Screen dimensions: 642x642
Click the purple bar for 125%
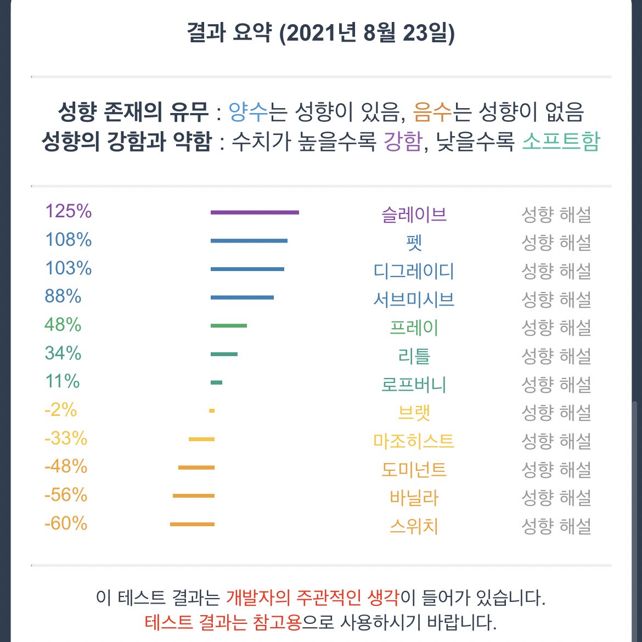[255, 212]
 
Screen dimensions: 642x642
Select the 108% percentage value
[68, 240]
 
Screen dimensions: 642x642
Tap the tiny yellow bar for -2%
[212, 411]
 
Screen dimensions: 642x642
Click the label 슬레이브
[414, 215]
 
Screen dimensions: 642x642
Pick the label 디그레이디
[414, 271]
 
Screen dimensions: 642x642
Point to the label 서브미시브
[414, 300]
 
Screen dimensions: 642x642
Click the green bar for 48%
[229, 326]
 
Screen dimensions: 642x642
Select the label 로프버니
[414, 385]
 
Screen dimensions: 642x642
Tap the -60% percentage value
[66, 523]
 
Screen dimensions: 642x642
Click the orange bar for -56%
[194, 496]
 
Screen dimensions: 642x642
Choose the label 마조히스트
[414, 441]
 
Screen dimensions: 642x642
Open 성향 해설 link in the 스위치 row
[556, 527]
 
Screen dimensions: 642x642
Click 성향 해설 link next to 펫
[556, 243]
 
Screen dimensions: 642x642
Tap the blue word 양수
[248, 112]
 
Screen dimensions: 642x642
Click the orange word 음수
[432, 112]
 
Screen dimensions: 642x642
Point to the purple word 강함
[403, 142]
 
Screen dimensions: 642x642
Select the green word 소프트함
[561, 142]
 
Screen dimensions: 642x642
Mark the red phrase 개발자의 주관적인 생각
[312, 597]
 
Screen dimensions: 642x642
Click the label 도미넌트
[414, 470]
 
